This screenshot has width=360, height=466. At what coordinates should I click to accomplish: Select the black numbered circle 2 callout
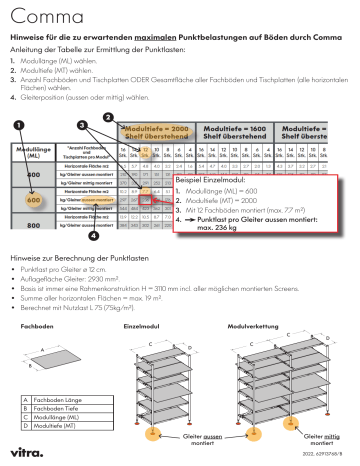click(x=107, y=117)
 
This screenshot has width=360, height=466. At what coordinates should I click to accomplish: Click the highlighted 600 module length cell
click(x=34, y=199)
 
